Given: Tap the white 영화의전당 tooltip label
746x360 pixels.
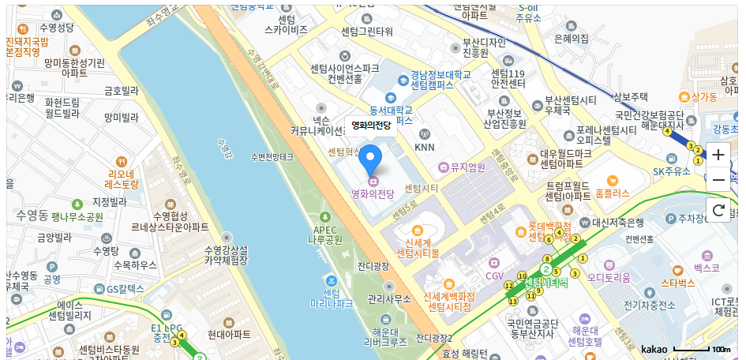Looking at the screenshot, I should pos(370,126).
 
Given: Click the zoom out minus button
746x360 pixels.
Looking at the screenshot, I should pos(718,181).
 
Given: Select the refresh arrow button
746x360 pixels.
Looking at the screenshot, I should pos(718,210).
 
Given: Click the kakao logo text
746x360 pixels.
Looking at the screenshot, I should pos(654,349).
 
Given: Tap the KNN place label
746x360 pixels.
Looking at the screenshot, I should pos(425,147).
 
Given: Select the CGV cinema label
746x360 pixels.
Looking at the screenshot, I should pos(494,276).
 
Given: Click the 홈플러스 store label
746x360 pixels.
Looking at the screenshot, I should pos(612,192).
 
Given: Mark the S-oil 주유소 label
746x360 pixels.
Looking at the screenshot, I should pos(528,12).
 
